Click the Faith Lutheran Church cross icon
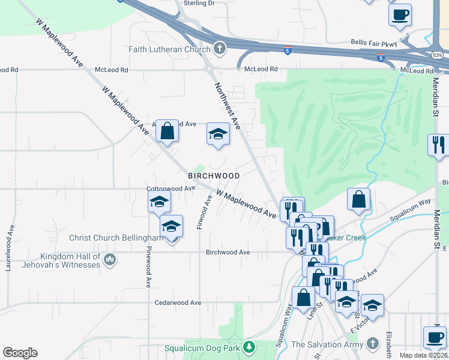pos(220,49)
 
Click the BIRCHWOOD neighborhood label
pos(214,176)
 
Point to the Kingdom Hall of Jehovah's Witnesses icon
pos(109,259)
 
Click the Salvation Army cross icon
pos(373,344)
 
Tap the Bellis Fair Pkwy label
pos(375,43)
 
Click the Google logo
pos(20,353)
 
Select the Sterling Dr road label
pos(199,4)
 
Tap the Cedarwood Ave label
pos(178,303)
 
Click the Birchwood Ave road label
pos(228,253)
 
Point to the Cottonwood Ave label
pos(172,188)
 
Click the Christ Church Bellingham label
pos(116,238)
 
